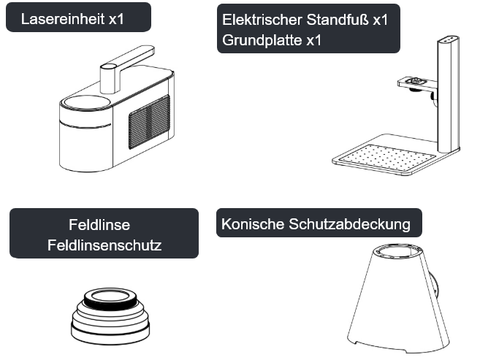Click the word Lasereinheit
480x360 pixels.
(63, 19)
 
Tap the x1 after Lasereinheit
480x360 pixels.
(116, 19)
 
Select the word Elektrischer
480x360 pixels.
(262, 20)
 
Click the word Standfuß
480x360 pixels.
(338, 20)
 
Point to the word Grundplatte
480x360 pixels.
(262, 40)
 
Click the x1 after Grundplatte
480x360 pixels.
(313, 40)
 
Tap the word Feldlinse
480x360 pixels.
(99, 225)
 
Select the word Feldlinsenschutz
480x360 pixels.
(104, 245)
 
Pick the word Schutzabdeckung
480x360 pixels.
(349, 224)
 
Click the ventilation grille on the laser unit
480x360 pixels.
(149, 122)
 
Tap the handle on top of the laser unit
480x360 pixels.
(127, 68)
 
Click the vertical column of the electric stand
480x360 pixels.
(449, 94)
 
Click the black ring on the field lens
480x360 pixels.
(110, 303)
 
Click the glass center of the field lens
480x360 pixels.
(110, 296)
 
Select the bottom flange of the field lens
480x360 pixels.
(110, 334)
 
